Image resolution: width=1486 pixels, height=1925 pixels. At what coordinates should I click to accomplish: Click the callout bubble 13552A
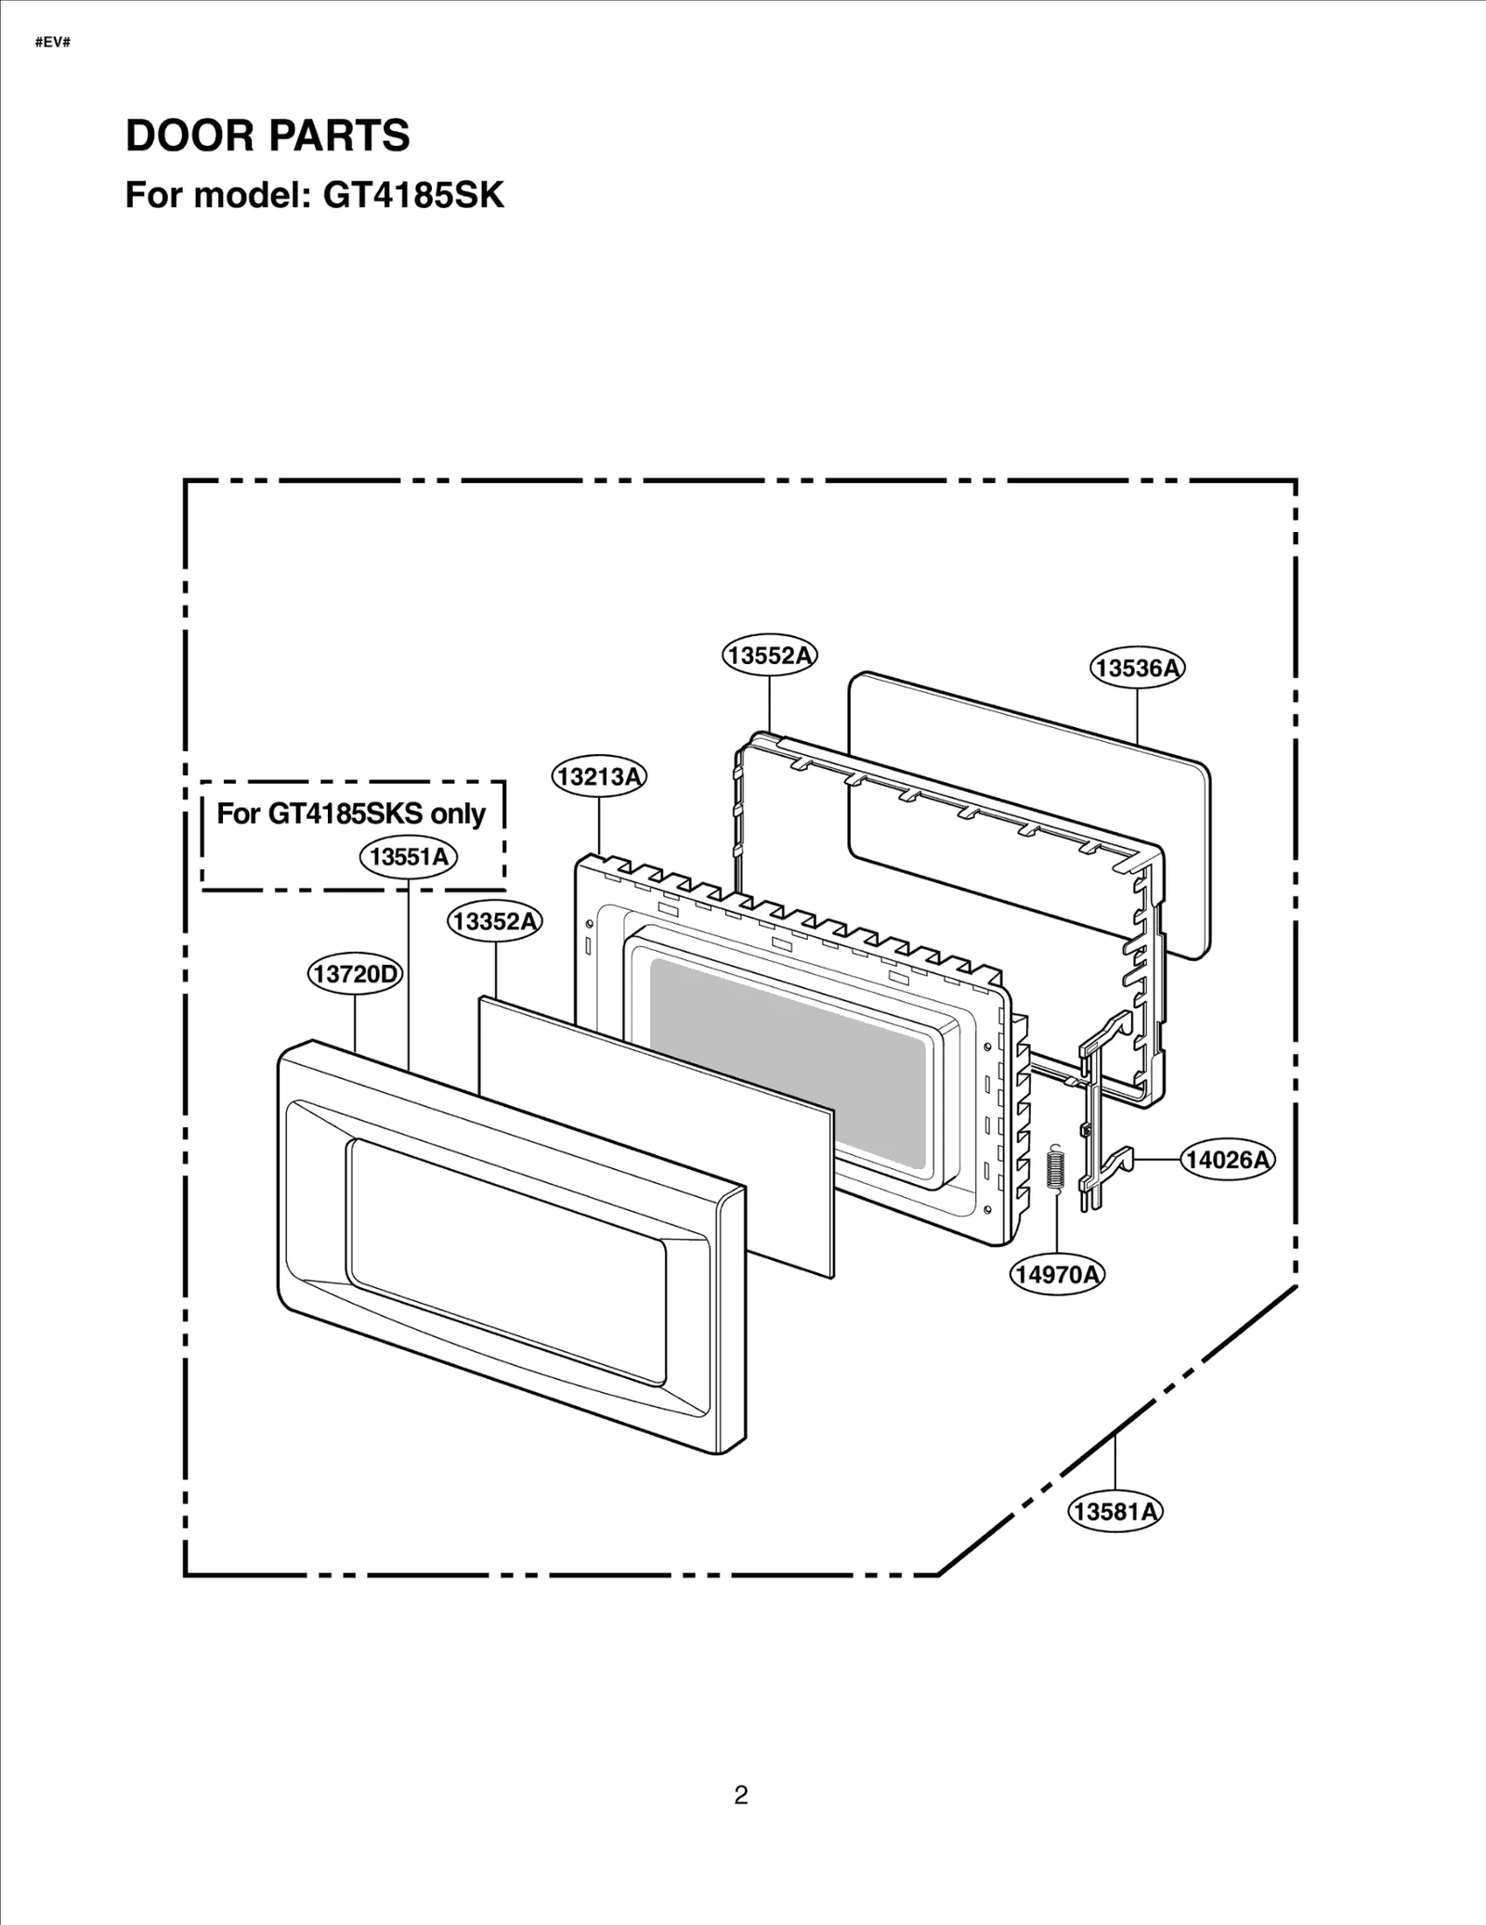tap(770, 656)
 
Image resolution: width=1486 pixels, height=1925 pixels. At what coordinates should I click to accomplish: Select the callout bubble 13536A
tap(1138, 668)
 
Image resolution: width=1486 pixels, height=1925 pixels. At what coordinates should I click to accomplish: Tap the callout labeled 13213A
tap(599, 776)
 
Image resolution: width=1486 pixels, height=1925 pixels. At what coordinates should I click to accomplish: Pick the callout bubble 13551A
tap(409, 857)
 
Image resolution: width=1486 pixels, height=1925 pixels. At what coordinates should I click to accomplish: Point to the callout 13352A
tap(495, 921)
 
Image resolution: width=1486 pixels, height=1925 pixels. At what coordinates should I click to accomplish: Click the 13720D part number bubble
tap(355, 974)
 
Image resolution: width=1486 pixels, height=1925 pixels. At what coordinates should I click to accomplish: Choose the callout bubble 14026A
tap(1228, 1160)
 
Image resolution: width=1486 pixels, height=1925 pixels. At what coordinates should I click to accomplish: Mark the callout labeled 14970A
tap(1057, 1274)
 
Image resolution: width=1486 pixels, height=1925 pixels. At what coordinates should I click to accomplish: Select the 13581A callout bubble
tap(1115, 1512)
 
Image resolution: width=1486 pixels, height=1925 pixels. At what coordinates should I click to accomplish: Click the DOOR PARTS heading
tap(267, 136)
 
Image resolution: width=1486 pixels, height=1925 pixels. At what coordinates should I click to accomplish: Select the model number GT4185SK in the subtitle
tap(413, 196)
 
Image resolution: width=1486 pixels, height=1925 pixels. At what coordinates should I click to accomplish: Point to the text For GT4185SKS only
tap(351, 813)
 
